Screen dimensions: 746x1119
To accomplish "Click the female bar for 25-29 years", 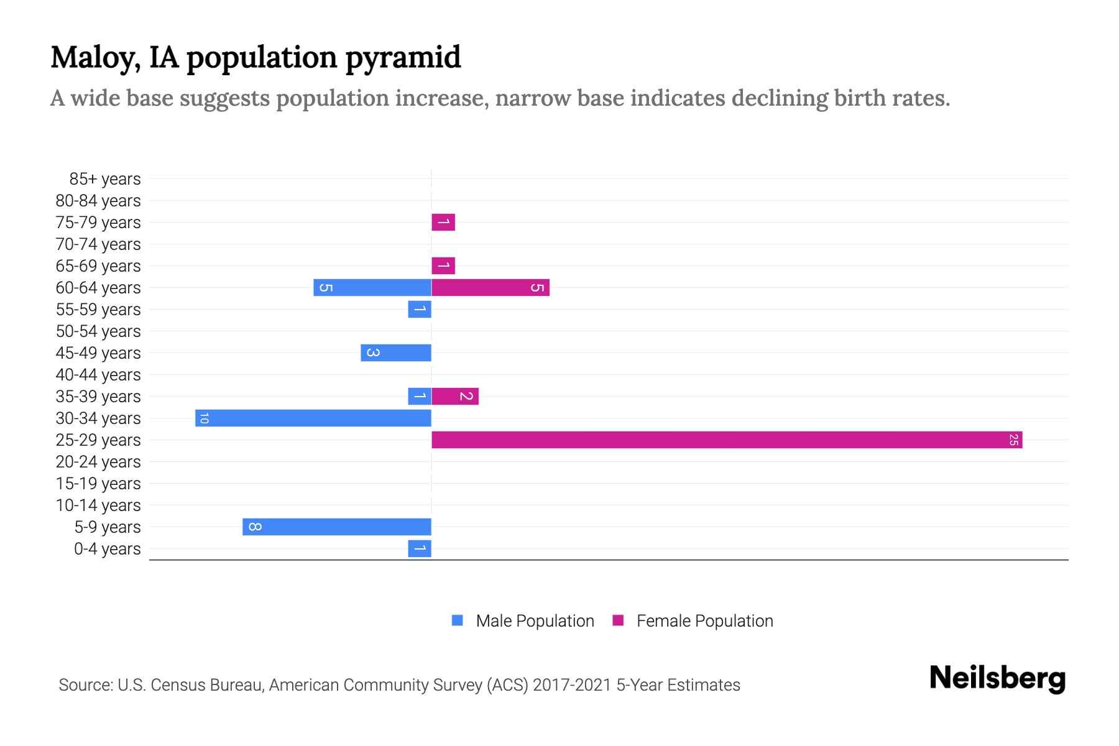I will point(726,440).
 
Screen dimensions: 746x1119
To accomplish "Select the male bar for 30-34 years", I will point(313,418).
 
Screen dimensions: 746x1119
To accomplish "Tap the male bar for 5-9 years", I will point(337,527).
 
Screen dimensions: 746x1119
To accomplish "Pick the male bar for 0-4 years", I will point(420,548).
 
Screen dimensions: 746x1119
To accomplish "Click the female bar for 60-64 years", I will point(490,287).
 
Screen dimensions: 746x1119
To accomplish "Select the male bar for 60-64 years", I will point(372,287).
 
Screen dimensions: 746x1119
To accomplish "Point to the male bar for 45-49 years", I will point(396,352).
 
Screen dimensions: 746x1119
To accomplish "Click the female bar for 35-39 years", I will point(455,396).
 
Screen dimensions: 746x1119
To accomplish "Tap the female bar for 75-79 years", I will point(443,222).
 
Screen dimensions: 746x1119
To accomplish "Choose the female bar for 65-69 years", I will point(443,265).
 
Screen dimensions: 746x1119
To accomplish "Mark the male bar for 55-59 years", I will point(420,309).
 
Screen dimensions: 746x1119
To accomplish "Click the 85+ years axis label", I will point(105,179).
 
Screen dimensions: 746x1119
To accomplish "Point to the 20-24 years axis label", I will point(98,462).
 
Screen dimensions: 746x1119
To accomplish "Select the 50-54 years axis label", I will point(98,331).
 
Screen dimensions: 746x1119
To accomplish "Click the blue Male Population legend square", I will point(458,620).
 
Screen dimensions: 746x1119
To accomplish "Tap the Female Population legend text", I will point(704,620).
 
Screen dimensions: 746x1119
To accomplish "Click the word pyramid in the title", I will point(403,58).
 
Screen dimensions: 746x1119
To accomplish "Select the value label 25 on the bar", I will point(1013,440).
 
